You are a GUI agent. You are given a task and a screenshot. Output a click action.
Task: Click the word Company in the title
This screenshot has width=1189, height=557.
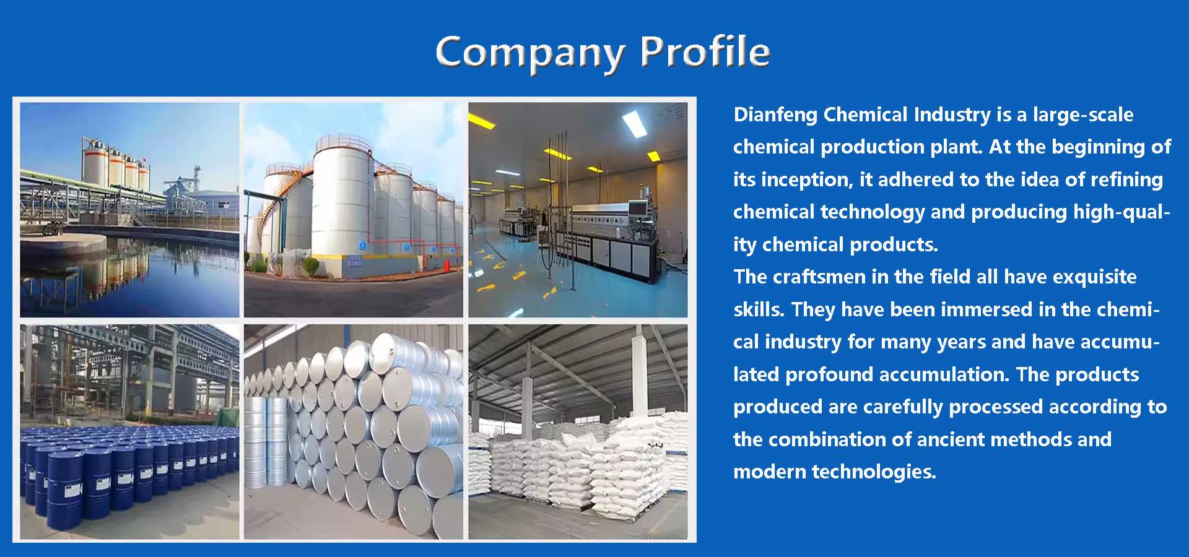[x=529, y=52]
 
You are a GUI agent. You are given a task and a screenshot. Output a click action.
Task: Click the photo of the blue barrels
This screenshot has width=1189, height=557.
[x=129, y=431]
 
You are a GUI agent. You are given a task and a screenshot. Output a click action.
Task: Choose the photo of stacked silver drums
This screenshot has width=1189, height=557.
[x=353, y=431]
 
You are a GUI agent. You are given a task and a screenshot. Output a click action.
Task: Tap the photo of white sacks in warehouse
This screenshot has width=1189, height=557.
[x=577, y=431]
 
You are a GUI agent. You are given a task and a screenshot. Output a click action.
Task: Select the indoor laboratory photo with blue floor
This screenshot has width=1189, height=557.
[x=577, y=210]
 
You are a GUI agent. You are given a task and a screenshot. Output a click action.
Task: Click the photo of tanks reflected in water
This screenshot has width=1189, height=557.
[x=129, y=210]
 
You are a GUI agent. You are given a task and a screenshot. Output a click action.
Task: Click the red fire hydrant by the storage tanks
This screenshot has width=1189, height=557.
[x=446, y=265]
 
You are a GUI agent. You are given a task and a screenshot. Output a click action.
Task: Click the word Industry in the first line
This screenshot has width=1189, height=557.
[x=952, y=115]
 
